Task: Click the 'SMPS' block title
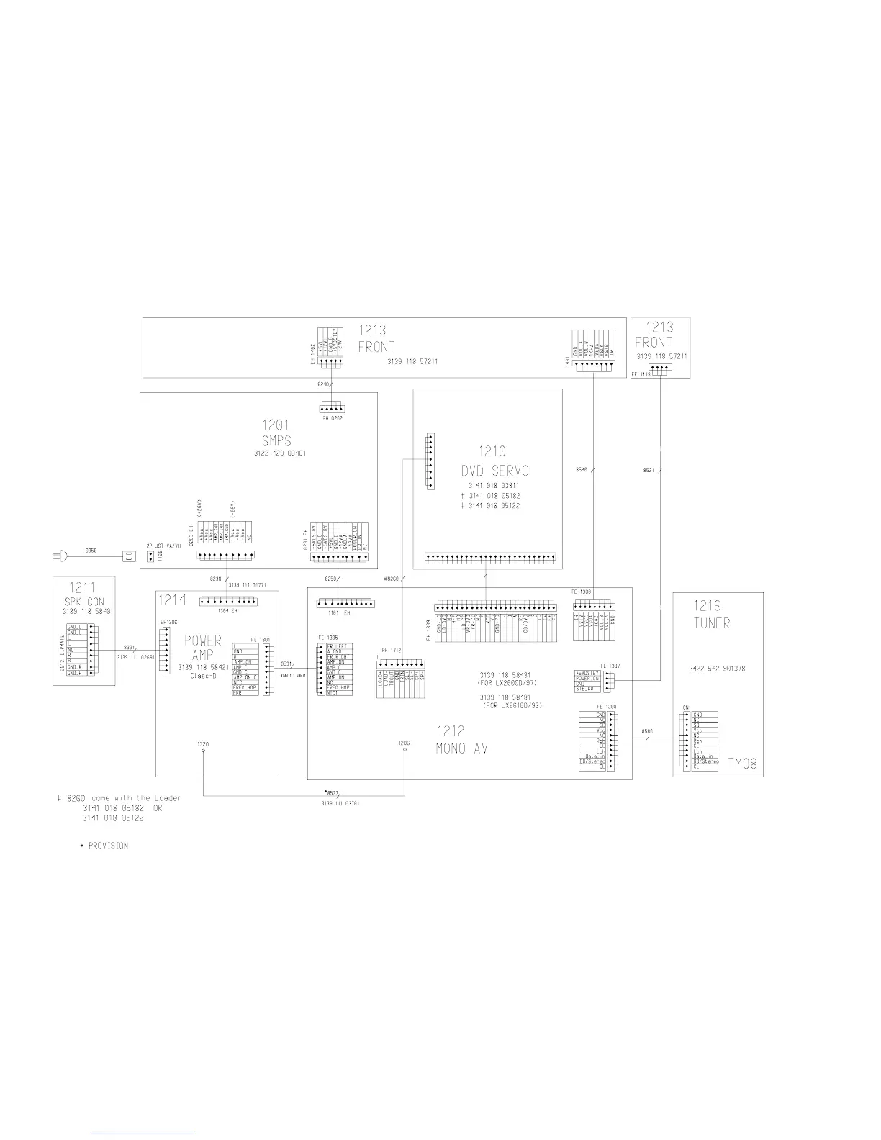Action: point(276,440)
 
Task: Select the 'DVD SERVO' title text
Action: point(495,471)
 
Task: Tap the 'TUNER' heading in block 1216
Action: point(711,623)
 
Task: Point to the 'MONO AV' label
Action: point(461,748)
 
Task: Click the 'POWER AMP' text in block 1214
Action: point(204,647)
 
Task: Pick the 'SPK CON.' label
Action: point(85,602)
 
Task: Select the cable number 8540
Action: point(582,470)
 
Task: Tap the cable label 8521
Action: point(648,471)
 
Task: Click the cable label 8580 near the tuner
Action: point(646,732)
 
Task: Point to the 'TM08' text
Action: point(742,764)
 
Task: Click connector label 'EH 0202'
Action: point(332,418)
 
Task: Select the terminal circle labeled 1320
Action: point(204,751)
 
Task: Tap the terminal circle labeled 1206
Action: point(405,751)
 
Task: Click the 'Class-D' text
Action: point(203,676)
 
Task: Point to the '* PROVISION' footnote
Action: point(104,846)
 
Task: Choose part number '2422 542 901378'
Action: point(716,668)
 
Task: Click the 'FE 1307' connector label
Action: point(607,665)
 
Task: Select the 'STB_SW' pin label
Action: point(584,689)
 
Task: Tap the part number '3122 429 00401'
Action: point(280,453)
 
